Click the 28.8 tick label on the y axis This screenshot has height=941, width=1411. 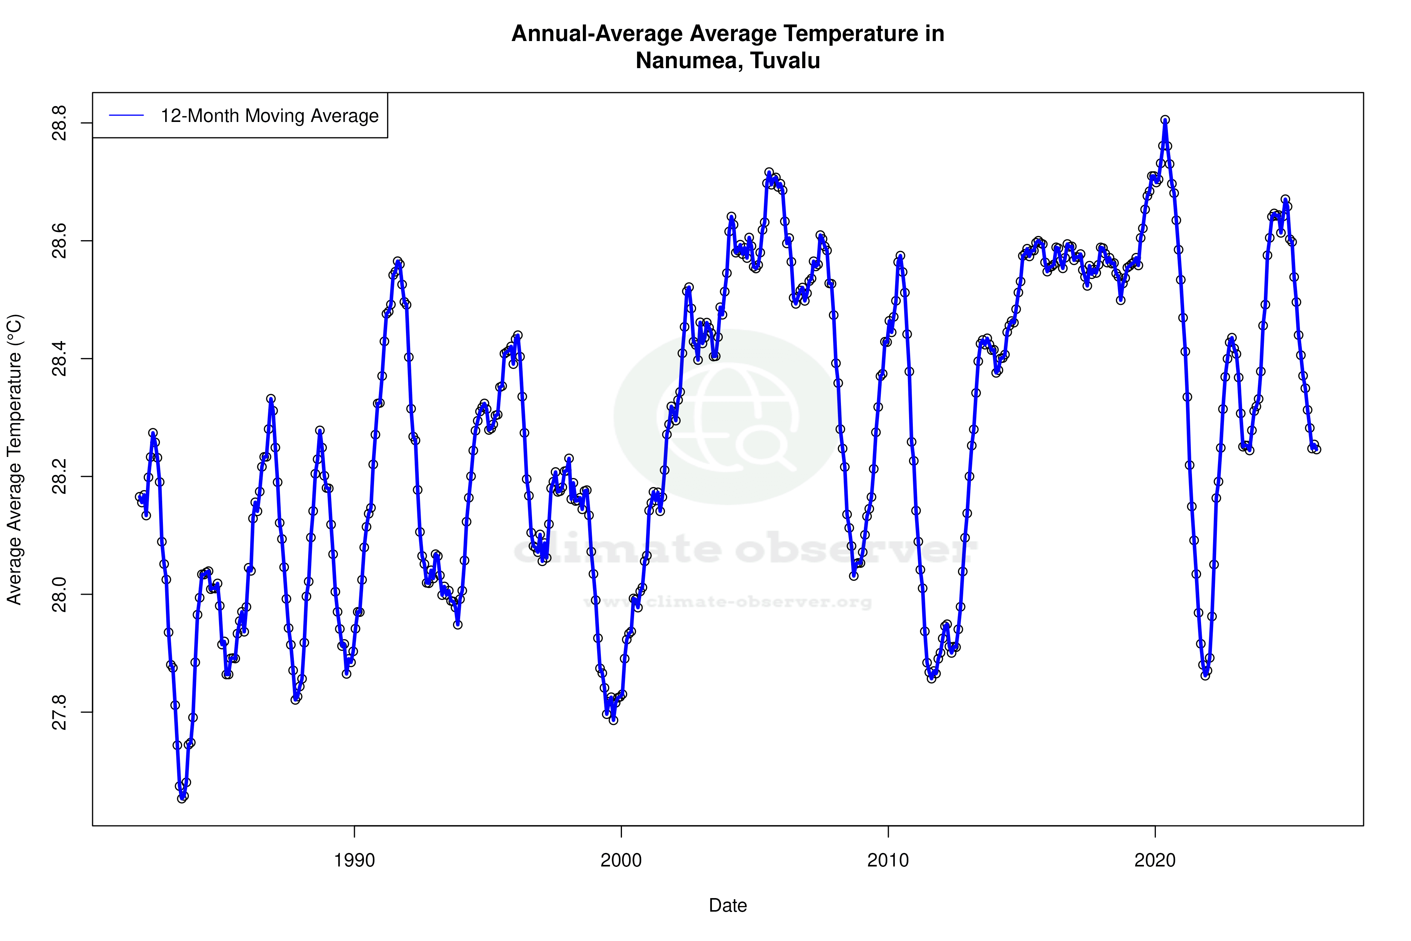coord(59,123)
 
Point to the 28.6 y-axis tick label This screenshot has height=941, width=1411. coord(59,241)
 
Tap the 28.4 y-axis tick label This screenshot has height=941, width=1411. coord(59,359)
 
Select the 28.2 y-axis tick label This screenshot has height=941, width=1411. coord(59,477)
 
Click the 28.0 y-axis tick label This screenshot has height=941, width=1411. coord(59,594)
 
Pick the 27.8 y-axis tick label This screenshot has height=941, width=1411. coord(59,713)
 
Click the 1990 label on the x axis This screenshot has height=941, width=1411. coord(354,860)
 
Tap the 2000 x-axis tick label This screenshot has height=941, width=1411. coord(622,860)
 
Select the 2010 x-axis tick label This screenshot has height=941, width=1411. coord(888,860)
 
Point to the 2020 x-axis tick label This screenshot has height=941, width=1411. coord(1155,860)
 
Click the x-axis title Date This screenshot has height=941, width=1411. coord(728,906)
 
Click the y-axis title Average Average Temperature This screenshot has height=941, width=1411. coord(14,459)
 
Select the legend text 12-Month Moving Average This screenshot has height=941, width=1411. coord(269,116)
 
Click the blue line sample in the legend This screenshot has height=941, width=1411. coord(126,116)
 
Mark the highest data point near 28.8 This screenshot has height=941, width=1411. coord(1165,120)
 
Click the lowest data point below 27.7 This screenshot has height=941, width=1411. coord(182,798)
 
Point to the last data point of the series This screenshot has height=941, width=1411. coord(1316,449)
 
